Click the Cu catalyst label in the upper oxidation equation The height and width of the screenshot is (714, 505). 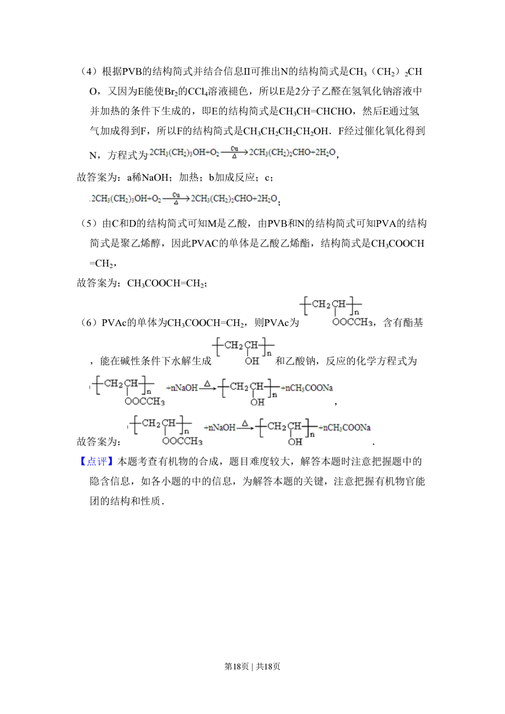point(234,148)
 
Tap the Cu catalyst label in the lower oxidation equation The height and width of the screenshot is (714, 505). point(176,194)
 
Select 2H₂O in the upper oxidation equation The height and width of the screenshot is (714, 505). point(326,153)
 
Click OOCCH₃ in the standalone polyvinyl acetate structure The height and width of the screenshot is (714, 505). point(352,322)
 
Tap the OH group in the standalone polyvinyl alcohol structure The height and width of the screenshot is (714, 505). point(252,361)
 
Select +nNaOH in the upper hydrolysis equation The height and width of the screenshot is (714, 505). point(182,388)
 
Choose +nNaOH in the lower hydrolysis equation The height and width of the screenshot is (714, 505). point(220,428)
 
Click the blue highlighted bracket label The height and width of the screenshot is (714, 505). point(96,463)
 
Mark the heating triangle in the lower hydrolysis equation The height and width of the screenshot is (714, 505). point(245,423)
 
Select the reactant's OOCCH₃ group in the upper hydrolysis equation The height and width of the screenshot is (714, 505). point(145,402)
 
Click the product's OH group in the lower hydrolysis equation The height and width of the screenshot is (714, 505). point(295,442)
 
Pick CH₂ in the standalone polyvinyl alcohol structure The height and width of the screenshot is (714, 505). point(234,345)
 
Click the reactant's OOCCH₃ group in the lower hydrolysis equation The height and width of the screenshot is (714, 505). point(182,442)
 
